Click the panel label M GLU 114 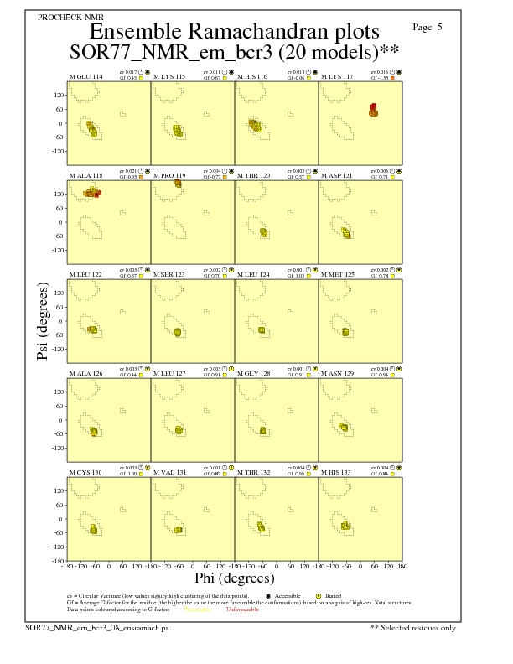click(86, 76)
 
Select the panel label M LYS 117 click(337, 76)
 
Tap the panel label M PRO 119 click(169, 175)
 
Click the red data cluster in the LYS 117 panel click(374, 108)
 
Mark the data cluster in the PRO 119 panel click(178, 183)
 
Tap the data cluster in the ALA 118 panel click(92, 193)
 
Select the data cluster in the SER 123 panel click(177, 333)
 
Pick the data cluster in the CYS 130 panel click(94, 530)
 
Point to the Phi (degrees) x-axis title click(234, 578)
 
